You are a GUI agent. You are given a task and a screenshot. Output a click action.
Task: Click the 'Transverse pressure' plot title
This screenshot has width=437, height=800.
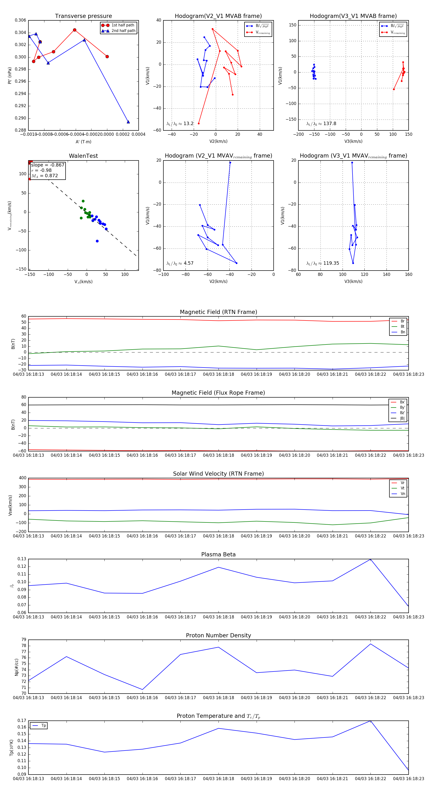(x=83, y=16)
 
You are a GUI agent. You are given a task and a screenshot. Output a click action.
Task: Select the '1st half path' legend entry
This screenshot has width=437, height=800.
(x=123, y=25)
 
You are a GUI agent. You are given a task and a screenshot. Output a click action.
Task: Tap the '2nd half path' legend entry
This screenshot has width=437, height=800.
(x=123, y=31)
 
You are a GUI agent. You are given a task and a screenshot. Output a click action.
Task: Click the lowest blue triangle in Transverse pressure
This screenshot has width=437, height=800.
(x=128, y=122)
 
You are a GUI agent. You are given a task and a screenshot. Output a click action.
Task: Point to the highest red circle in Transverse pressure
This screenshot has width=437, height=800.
(x=75, y=30)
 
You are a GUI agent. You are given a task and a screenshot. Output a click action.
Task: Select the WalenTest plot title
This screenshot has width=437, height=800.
(x=83, y=156)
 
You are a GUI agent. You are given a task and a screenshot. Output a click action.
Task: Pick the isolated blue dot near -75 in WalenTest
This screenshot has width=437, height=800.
(x=97, y=241)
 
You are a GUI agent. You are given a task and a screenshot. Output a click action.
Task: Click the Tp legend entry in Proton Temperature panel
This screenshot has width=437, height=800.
(x=43, y=726)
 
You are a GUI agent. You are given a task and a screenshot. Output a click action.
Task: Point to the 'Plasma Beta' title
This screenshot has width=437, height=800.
(x=218, y=555)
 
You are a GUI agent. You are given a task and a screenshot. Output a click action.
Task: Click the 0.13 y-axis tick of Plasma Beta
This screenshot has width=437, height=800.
(x=22, y=559)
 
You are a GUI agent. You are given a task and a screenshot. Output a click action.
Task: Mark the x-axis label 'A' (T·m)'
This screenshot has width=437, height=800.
(x=83, y=142)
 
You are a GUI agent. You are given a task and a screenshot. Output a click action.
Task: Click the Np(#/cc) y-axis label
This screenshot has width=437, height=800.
(x=17, y=667)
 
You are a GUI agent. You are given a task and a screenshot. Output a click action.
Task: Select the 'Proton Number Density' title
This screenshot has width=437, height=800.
(x=218, y=635)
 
